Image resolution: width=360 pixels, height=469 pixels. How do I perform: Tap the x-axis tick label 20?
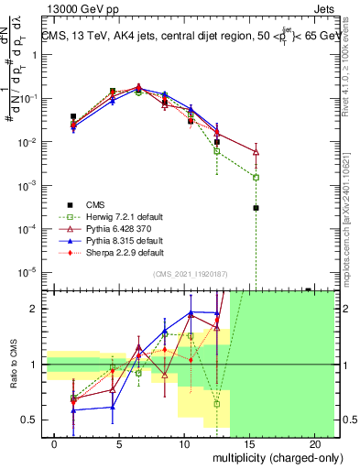pyautogui.click(x=309, y=443)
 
